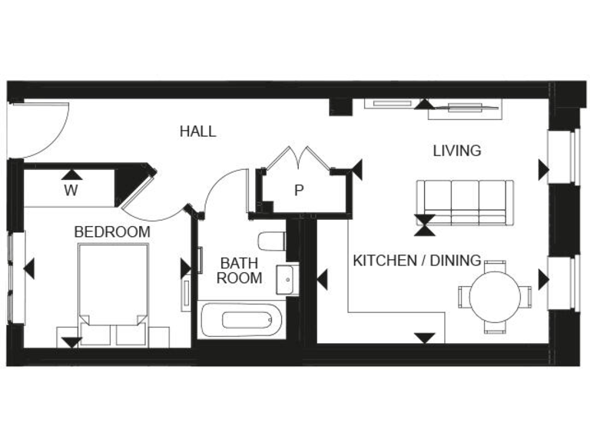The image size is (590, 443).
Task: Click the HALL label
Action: point(197,132)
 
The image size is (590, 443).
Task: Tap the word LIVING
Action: point(456,151)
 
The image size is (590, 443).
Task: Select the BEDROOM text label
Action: point(112,231)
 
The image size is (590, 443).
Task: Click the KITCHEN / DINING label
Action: point(416,261)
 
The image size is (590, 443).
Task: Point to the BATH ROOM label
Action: point(239,271)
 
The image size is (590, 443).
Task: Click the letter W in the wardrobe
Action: point(71,190)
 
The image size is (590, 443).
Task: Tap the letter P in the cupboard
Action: point(299,190)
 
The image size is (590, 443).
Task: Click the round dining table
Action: point(495,296)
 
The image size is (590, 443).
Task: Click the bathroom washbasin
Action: point(287,279)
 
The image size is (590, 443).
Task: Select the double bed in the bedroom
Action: point(114,288)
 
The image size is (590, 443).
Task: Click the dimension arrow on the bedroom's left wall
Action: point(29,269)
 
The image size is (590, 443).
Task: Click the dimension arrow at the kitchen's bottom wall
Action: point(424,337)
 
